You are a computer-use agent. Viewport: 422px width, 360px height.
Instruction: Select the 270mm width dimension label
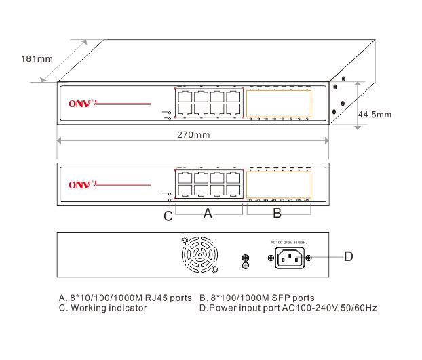[x=193, y=135]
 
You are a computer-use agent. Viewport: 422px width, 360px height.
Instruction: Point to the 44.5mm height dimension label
[x=375, y=115]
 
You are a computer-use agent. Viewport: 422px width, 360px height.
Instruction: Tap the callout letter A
[x=208, y=214]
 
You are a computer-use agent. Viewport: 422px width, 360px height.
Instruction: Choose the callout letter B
[x=277, y=214]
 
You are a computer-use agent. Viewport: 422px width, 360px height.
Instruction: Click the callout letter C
[x=168, y=216]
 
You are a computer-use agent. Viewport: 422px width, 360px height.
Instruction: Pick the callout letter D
[x=348, y=256]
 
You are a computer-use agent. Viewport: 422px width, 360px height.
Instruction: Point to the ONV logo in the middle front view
[x=83, y=184]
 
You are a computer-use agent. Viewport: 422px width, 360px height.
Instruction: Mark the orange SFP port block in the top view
[x=279, y=103]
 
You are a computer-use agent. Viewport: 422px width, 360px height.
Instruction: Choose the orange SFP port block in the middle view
[x=279, y=183]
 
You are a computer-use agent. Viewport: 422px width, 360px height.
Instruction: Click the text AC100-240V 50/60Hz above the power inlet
[x=290, y=242]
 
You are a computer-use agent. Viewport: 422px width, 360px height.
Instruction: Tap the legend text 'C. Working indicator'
[x=103, y=308]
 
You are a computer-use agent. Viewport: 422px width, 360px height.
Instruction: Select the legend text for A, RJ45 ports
[x=127, y=298]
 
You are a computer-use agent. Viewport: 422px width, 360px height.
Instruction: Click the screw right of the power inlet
[x=310, y=258]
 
